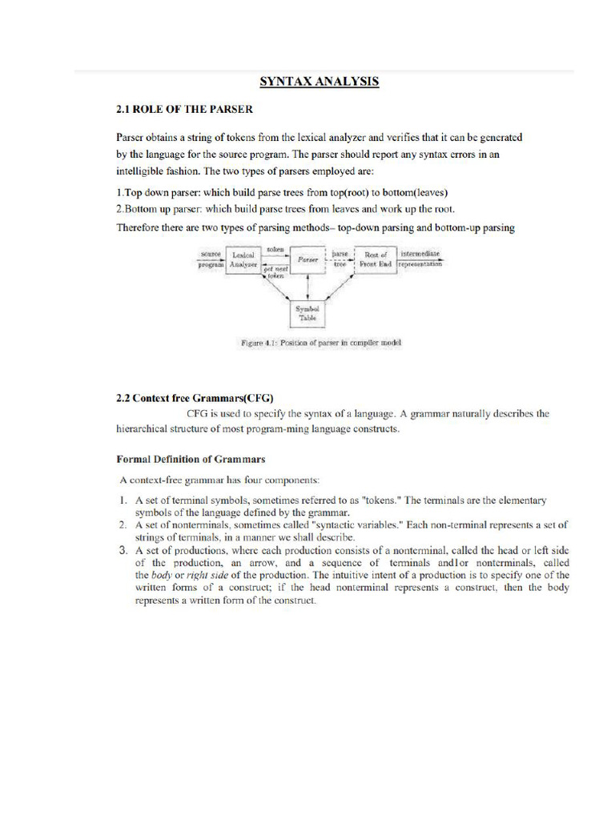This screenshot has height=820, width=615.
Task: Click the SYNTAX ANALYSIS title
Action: pyautogui.click(x=318, y=82)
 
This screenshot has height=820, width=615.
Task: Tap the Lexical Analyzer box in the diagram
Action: pyautogui.click(x=243, y=259)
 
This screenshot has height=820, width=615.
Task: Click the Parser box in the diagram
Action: pyautogui.click(x=308, y=260)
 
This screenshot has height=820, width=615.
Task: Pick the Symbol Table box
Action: pyautogui.click(x=308, y=312)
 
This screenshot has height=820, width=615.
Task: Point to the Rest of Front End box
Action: pyautogui.click(x=376, y=259)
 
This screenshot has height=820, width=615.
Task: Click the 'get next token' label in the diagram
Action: pyautogui.click(x=275, y=272)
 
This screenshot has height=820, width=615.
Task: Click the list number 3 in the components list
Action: pyautogui.click(x=123, y=550)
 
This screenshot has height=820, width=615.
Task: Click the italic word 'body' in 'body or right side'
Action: pyautogui.click(x=163, y=575)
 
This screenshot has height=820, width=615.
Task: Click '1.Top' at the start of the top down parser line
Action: pyautogui.click(x=130, y=192)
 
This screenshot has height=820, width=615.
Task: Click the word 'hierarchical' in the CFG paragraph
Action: pyautogui.click(x=149, y=429)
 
